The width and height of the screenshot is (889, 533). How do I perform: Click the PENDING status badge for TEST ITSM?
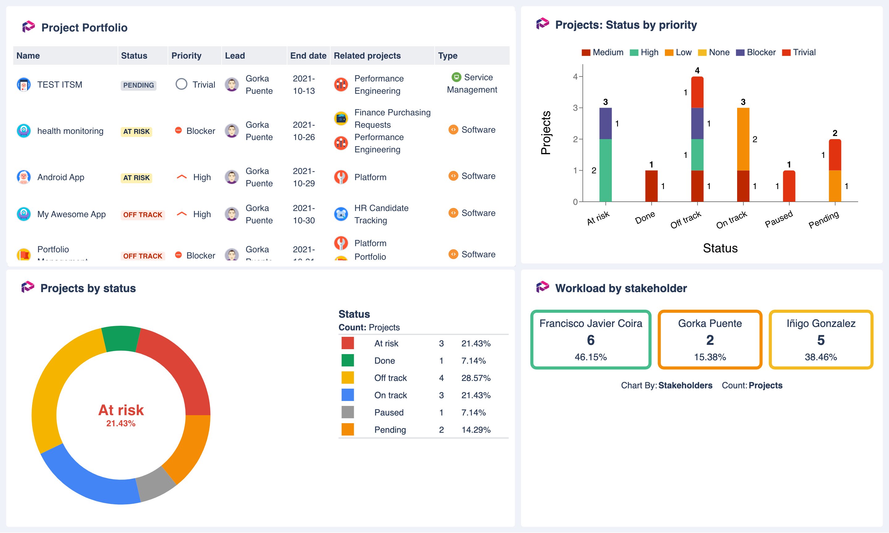click(138, 85)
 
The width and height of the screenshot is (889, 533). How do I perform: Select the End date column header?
click(308, 56)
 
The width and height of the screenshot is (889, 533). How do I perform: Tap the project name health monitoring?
click(70, 131)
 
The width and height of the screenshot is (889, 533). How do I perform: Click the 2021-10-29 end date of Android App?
click(304, 177)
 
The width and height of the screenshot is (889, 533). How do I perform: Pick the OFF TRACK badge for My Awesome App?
click(143, 215)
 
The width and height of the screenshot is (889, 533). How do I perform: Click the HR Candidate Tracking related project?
click(381, 214)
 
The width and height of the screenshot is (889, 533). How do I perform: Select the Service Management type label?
click(472, 83)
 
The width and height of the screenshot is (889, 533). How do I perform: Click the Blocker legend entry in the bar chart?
click(756, 52)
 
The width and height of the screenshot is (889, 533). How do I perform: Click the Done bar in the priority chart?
click(651, 186)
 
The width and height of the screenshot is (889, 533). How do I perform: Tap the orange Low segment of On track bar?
click(743, 139)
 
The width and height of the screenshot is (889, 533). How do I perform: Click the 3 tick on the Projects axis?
click(575, 108)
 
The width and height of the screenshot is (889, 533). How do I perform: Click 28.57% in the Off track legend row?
click(476, 378)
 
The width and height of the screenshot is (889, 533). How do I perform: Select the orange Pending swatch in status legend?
click(348, 430)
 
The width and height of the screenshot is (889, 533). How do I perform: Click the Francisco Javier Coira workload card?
click(591, 339)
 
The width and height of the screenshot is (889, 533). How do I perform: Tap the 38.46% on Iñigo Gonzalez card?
click(821, 357)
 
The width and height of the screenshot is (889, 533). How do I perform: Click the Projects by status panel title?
click(88, 288)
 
